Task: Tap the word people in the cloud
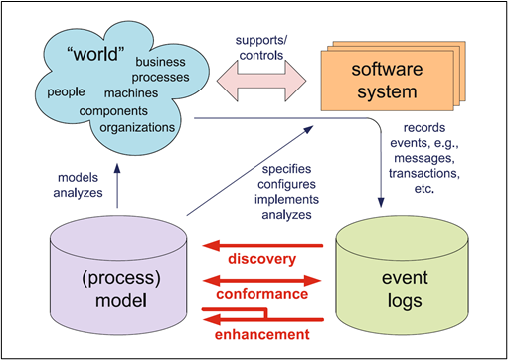(x=69, y=91)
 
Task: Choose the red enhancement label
(x=262, y=331)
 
